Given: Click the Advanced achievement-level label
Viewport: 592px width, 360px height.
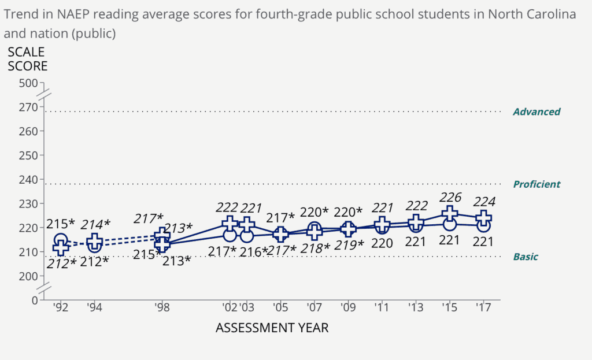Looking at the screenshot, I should point(536,112).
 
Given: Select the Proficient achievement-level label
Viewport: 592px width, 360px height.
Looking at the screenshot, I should point(536,184).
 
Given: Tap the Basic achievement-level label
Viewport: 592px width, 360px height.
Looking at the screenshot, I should point(526,257).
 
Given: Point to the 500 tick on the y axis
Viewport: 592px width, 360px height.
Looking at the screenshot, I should point(28,83).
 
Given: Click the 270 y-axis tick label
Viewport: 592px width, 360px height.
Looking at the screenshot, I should point(28,107).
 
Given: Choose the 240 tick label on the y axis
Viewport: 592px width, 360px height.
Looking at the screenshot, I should point(28,179).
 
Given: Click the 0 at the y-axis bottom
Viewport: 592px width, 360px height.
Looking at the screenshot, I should point(34,300).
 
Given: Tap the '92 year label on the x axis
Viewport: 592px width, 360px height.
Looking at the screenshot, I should point(61,307).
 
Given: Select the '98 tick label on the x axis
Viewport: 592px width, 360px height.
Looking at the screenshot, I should point(162,307).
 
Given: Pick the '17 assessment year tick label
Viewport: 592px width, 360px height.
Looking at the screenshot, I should point(483,307).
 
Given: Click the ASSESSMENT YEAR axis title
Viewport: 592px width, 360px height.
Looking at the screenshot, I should point(272,328).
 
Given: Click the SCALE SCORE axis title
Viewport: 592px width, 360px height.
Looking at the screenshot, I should point(27,59).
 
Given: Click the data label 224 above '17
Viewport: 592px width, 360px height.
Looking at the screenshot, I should point(483,202).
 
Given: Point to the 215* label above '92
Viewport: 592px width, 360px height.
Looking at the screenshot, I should point(61,223).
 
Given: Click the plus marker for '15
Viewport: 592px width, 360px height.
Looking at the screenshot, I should point(450,214).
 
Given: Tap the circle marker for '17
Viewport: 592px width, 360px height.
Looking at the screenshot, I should point(483,225).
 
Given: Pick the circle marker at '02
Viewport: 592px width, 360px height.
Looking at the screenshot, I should point(230,235).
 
